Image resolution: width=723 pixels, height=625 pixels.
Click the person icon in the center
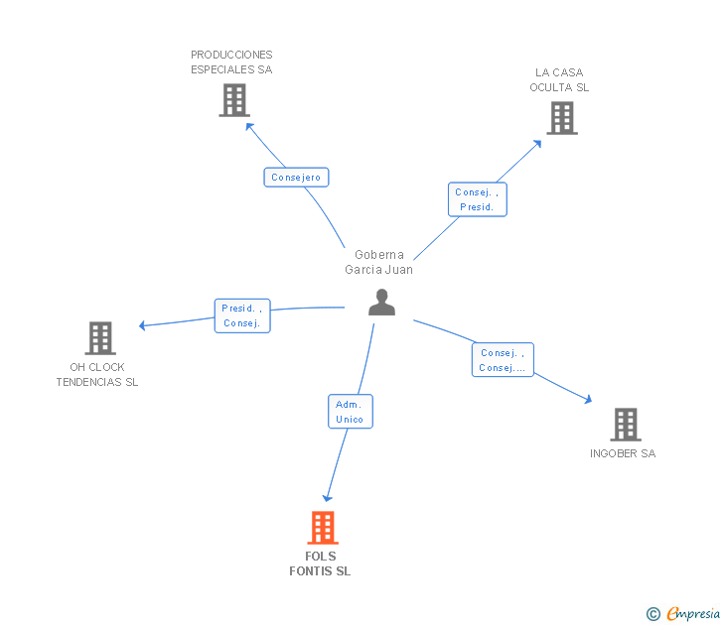click(x=381, y=303)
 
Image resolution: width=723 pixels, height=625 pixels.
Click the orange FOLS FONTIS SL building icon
click(x=323, y=527)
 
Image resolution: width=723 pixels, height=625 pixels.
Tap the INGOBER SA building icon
click(x=625, y=425)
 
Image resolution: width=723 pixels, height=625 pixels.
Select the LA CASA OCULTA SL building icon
click(x=561, y=118)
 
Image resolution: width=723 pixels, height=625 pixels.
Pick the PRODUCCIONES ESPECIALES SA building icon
click(x=233, y=100)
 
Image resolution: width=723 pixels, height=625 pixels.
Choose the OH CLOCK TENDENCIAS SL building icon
click(x=100, y=338)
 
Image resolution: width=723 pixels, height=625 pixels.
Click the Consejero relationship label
click(x=296, y=178)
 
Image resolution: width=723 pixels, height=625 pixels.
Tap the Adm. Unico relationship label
click(x=350, y=411)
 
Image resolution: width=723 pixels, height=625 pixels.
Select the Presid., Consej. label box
click(x=242, y=315)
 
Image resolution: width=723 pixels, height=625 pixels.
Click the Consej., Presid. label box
click(x=477, y=199)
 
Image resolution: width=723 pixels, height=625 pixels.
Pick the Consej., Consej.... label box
click(x=503, y=360)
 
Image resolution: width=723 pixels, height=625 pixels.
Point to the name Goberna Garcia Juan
click(x=378, y=262)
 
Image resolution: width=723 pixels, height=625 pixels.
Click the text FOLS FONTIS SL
click(x=320, y=563)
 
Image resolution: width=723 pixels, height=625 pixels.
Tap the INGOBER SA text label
click(x=623, y=453)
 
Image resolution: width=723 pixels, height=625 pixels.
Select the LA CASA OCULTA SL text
click(x=559, y=79)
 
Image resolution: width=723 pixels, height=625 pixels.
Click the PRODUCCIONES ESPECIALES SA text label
click(x=231, y=62)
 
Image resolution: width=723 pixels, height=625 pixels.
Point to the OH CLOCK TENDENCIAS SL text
click(x=97, y=374)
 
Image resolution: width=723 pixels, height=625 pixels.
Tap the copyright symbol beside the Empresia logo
click(x=653, y=614)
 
